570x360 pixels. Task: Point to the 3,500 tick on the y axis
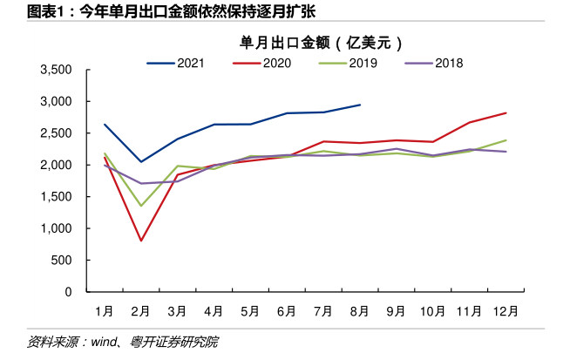(55, 70)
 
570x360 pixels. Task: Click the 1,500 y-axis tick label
(55, 197)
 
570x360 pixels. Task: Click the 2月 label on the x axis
(140, 310)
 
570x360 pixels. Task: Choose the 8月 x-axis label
(360, 310)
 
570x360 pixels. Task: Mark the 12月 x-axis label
(506, 310)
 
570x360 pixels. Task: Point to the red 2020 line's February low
(140, 241)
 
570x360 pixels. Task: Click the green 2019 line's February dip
(140, 206)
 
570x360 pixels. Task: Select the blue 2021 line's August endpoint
(360, 105)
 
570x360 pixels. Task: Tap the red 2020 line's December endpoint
(506, 112)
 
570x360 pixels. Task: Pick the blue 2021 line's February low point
(140, 162)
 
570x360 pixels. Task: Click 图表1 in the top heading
(24, 10)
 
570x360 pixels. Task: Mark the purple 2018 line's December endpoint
(506, 152)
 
